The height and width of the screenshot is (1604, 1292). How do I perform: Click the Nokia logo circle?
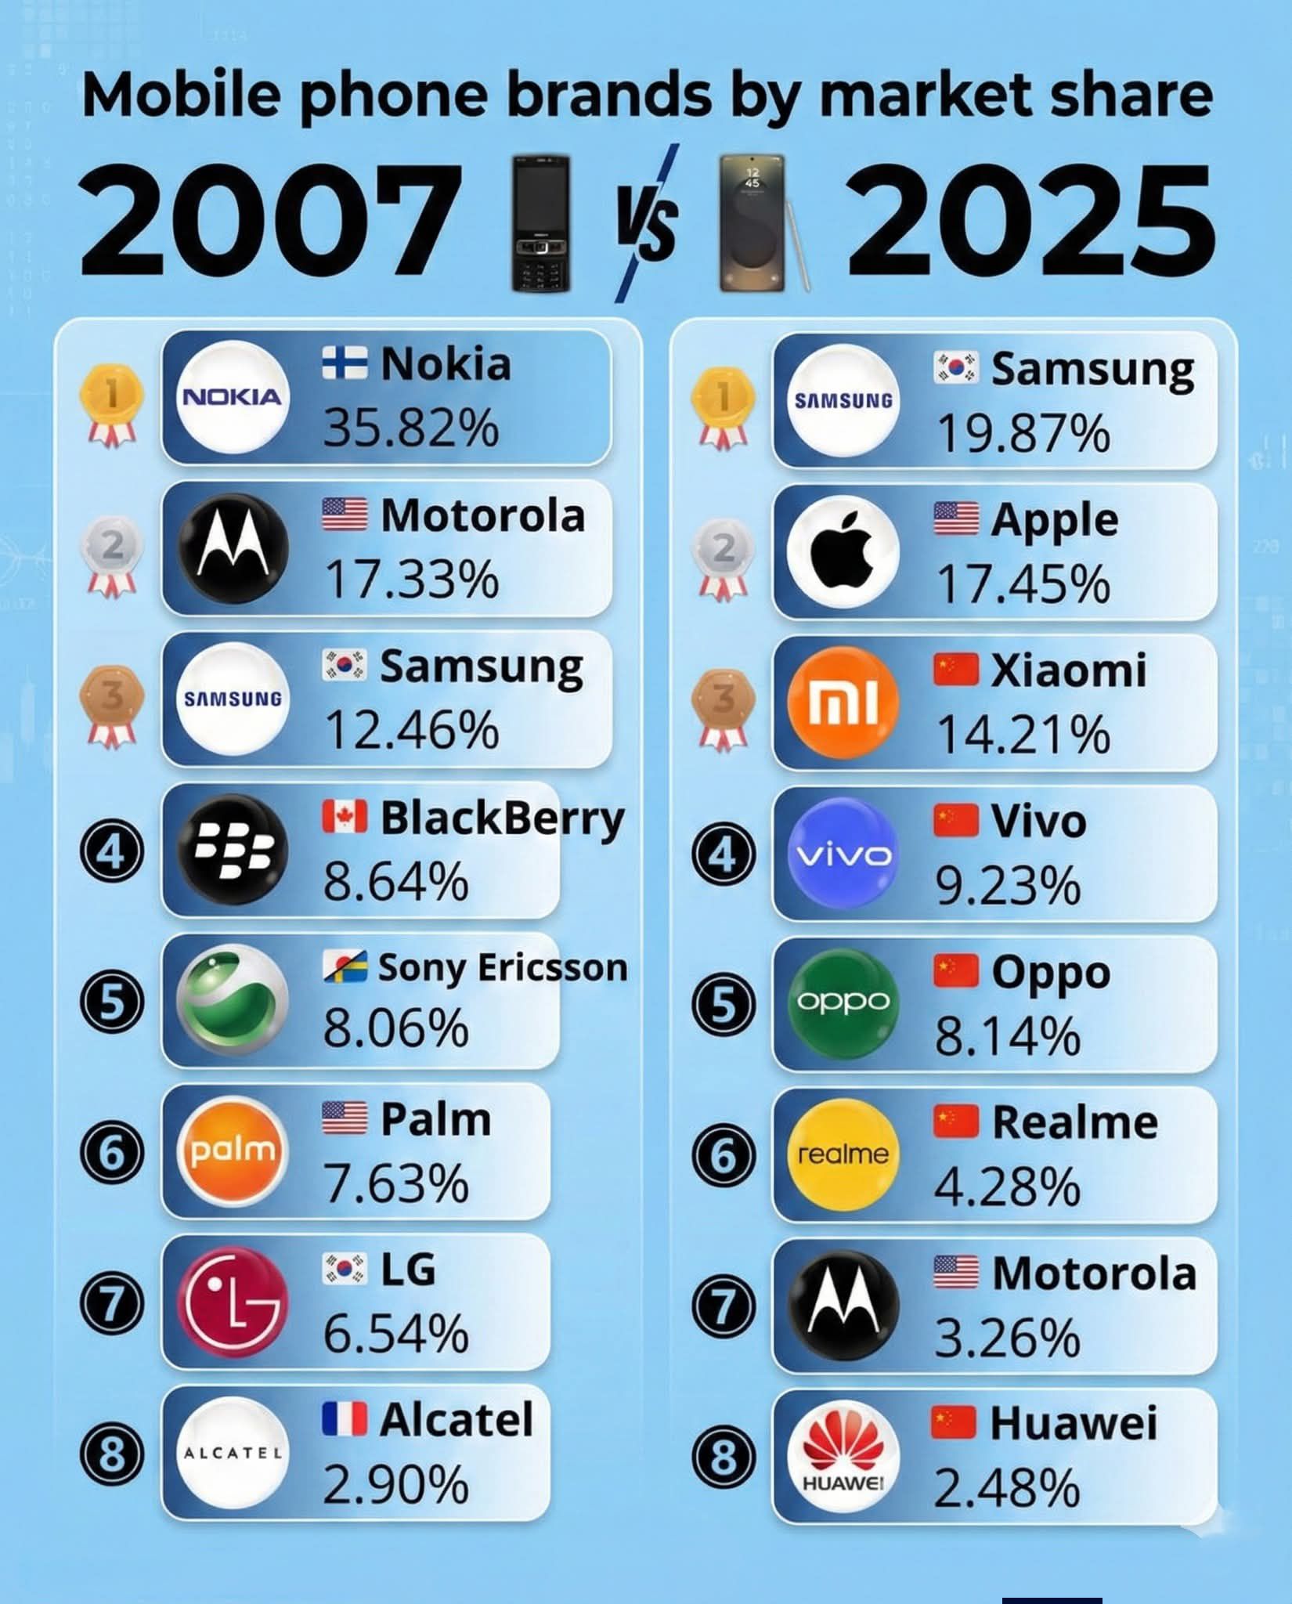231,397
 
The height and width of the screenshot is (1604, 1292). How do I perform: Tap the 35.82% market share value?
411,428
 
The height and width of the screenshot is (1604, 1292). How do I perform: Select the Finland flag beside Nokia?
345,364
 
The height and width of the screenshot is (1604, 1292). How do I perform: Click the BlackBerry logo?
233,850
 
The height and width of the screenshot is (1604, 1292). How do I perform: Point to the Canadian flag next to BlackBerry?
345,817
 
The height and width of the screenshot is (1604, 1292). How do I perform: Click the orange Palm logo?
233,1151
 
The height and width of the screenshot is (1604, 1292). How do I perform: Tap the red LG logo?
233,1302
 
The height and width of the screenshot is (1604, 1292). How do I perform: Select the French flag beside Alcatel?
345,1419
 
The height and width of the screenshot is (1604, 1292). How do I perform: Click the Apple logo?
843,551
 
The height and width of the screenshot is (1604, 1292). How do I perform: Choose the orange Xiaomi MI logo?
843,702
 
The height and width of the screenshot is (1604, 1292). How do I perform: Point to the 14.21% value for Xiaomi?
1023,735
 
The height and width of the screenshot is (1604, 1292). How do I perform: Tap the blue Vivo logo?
843,853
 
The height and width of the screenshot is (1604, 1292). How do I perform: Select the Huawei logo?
843,1457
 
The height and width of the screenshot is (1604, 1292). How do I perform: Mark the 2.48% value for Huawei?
1007,1489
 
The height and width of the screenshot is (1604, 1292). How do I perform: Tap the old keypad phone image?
540,224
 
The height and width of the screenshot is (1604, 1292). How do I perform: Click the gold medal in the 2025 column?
723,406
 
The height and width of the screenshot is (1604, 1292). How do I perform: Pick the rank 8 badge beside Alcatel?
112,1454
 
